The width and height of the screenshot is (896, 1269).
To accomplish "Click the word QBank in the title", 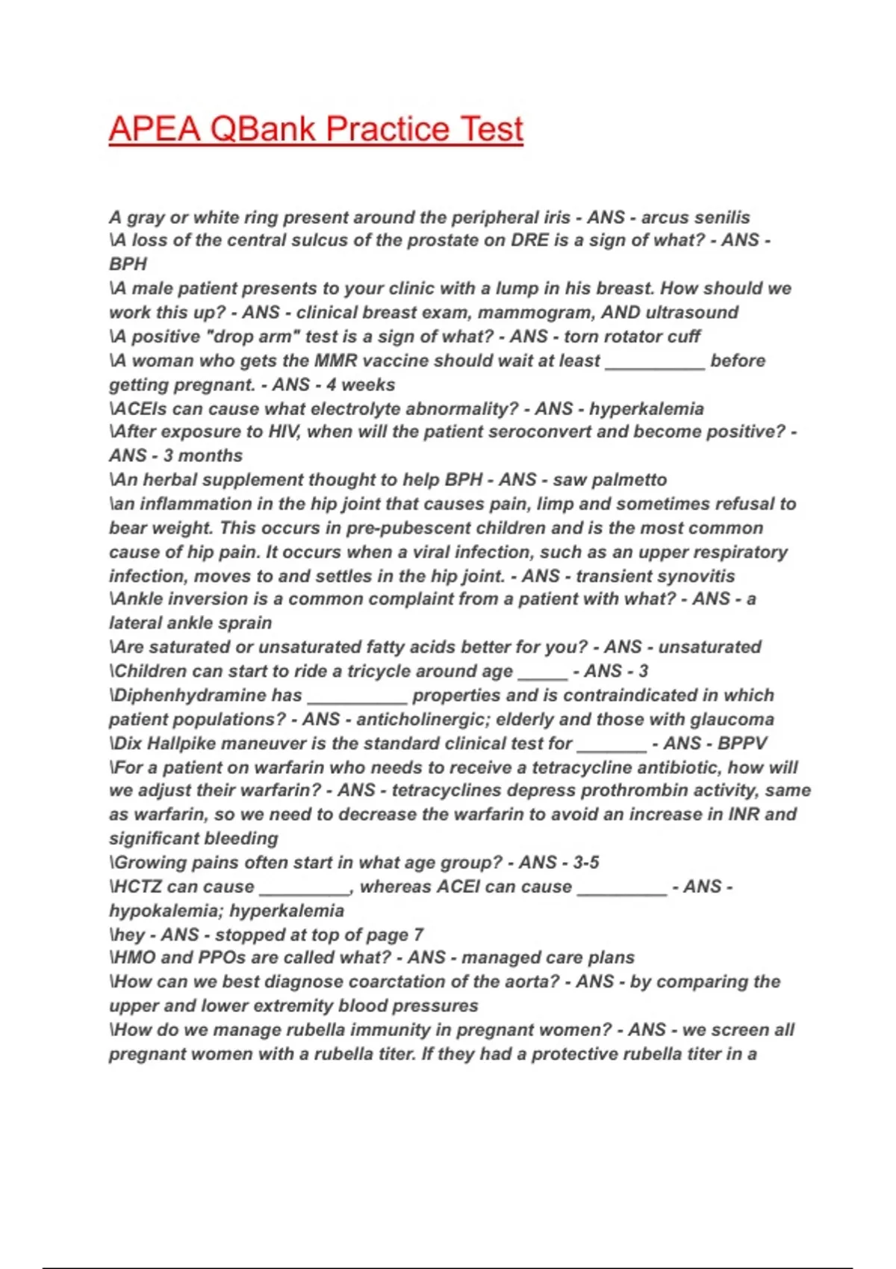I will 263,129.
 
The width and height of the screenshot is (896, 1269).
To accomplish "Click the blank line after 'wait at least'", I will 655,361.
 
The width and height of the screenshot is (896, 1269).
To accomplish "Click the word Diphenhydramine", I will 208,695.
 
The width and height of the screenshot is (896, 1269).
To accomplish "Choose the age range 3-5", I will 585,862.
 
